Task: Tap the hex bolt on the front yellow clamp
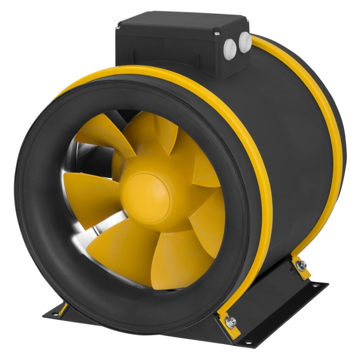(232, 321)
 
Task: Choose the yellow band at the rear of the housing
(322, 112)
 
